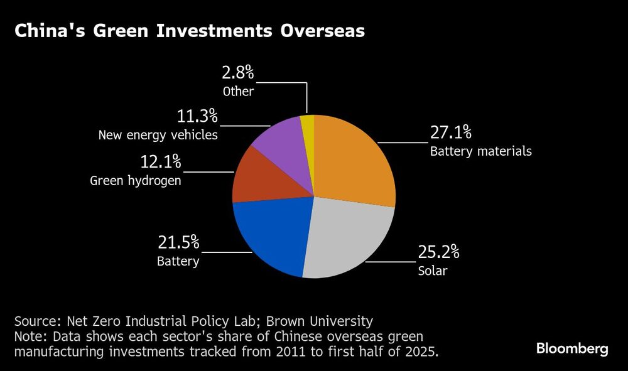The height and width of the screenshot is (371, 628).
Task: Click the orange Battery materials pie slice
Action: coord(352,160)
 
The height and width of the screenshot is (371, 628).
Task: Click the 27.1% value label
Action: coord(450,134)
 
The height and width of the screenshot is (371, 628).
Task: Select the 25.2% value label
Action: coord(438,253)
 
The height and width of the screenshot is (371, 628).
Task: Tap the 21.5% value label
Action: coord(178,242)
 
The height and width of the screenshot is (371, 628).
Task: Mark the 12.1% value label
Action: coord(160,162)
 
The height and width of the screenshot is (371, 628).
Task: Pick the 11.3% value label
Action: coord(197,116)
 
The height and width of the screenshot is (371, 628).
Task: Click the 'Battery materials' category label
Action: coord(480,151)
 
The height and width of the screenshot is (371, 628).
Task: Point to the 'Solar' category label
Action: coord(432,271)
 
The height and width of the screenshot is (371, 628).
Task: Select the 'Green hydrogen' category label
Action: coord(136,181)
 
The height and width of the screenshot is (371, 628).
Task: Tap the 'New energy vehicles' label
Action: coord(158,134)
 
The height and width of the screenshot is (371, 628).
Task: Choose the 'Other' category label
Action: coord(239,92)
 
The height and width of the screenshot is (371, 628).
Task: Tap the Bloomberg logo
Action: coord(571,349)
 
